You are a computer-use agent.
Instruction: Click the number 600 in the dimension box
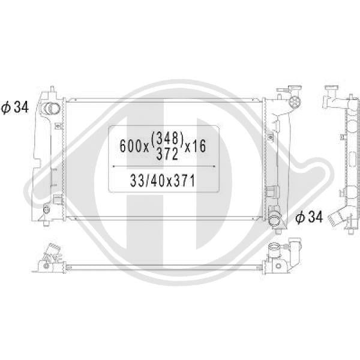pos(132,146)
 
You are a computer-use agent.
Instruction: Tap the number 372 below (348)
pos(167,154)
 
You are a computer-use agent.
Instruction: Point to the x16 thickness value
pos(196,146)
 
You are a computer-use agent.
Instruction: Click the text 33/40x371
pos(163,180)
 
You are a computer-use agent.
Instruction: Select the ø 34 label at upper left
pos(15,107)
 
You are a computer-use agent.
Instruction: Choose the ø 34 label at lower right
pos(309,217)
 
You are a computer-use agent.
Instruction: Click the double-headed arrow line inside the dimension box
pos(164,166)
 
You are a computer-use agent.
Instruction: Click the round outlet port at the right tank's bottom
pos(274,219)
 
